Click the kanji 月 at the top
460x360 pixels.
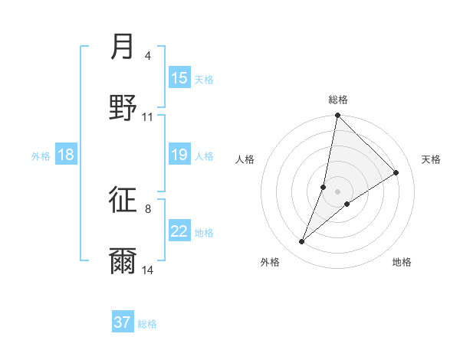[123, 47]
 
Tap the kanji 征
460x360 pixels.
[123, 200]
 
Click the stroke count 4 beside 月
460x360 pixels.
[148, 56]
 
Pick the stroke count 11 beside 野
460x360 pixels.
[148, 117]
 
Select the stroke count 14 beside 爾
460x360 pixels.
[148, 270]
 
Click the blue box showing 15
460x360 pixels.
[179, 78]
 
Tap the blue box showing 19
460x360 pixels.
[179, 155]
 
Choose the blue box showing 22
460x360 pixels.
[179, 231]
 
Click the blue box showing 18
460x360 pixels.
[66, 155]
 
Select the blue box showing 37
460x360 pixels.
[123, 322]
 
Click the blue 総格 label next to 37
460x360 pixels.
[147, 324]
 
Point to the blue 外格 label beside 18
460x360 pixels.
[41, 156]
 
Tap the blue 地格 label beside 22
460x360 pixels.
[204, 233]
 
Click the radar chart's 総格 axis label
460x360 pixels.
[338, 100]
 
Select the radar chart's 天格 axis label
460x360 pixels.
[432, 159]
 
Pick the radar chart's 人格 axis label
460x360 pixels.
[245, 159]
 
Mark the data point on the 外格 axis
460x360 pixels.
[302, 242]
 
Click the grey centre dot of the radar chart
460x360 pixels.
[338, 191]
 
